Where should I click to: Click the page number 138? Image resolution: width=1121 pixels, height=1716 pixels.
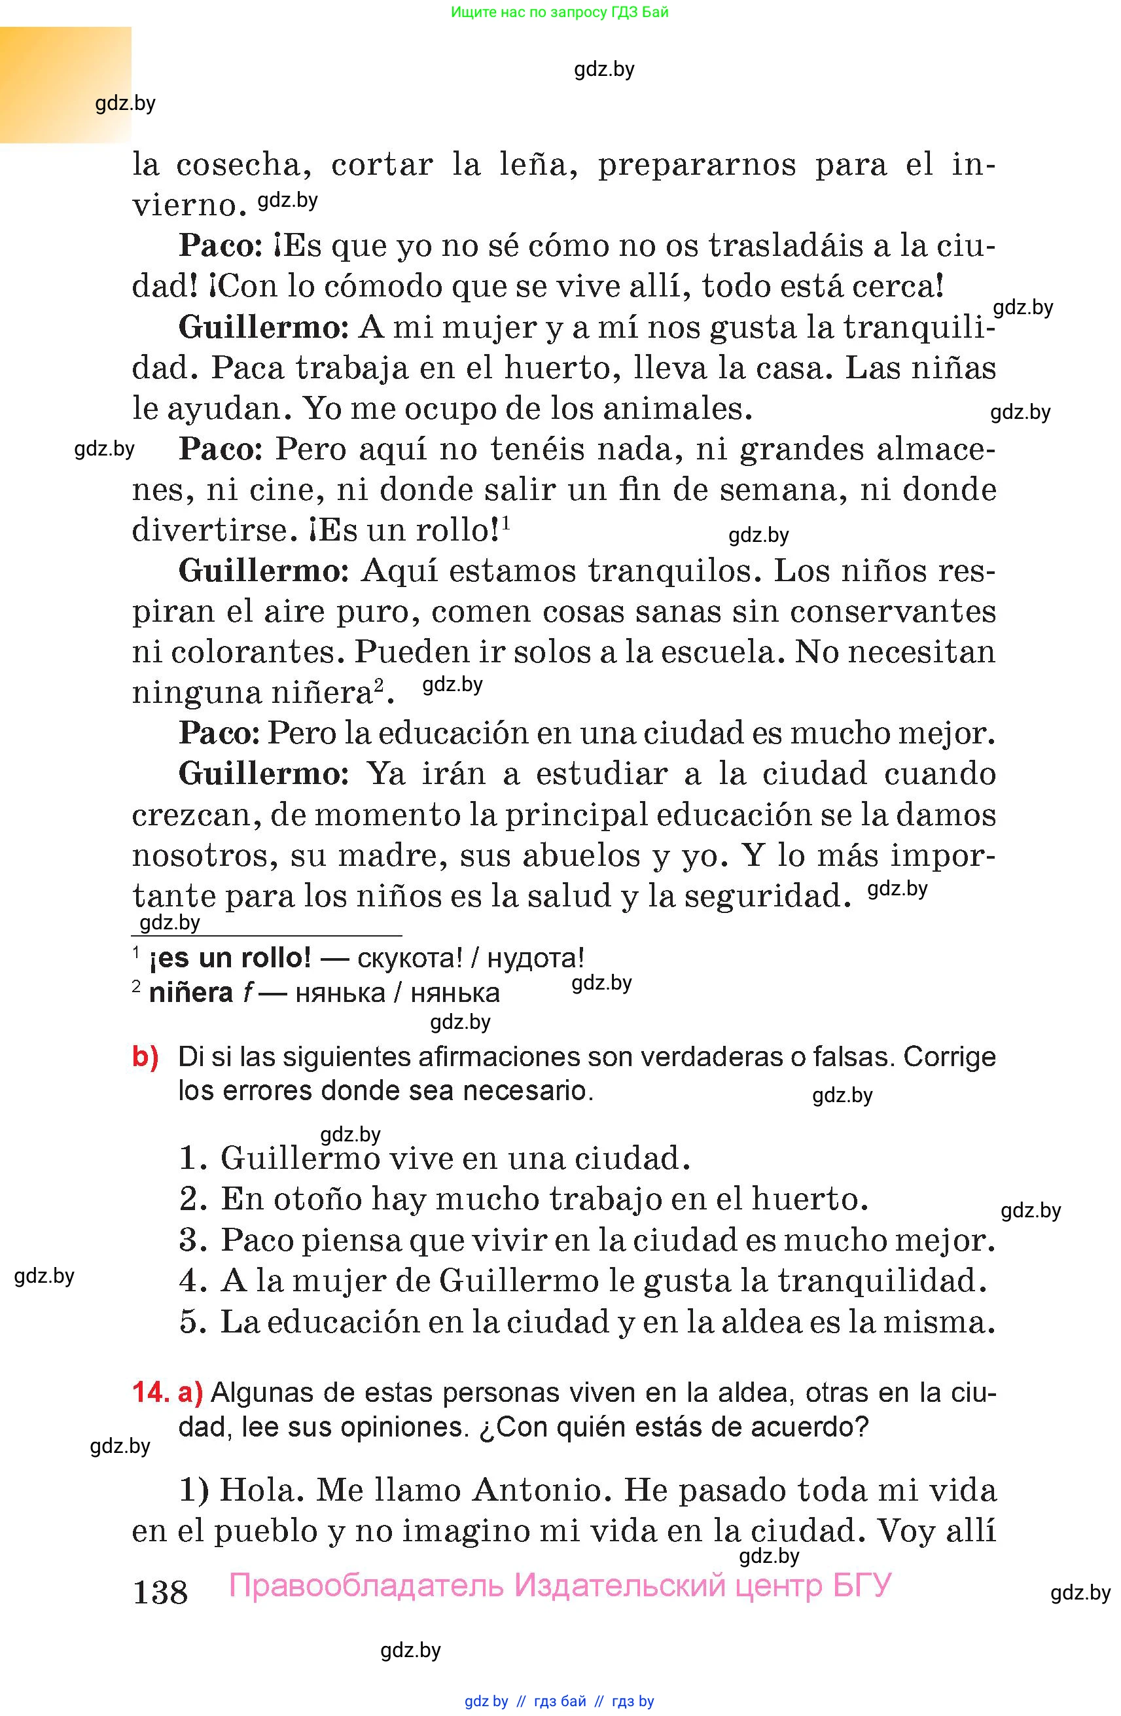160,1590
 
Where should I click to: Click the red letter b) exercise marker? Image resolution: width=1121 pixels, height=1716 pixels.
145,1057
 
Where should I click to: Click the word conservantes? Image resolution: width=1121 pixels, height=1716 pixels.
893,611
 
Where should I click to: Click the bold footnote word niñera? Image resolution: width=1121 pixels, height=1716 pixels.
190,993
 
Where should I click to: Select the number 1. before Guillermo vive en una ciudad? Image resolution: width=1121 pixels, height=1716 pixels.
192,1158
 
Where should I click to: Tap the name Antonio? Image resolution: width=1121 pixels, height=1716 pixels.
541,1490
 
